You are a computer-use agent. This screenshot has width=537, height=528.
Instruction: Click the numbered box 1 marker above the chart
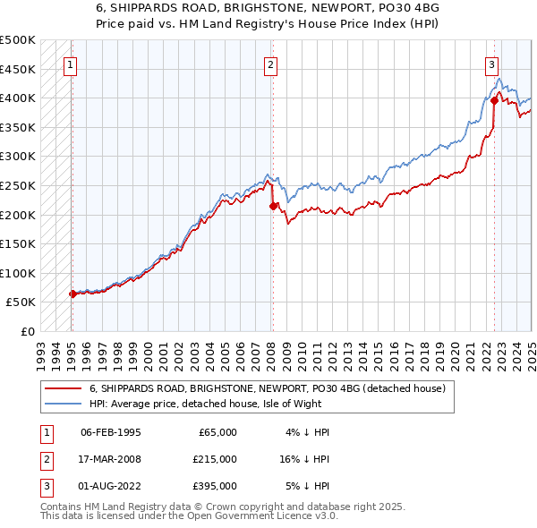pos(70,64)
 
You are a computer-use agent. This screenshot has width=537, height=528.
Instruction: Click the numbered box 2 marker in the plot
pos(270,64)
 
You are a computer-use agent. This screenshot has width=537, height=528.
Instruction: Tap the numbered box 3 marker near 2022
pos(491,64)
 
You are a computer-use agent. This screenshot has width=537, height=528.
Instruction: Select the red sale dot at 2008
pos(273,206)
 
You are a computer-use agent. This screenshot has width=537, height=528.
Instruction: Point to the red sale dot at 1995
pos(72,294)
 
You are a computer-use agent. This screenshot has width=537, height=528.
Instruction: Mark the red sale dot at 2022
pos(494,101)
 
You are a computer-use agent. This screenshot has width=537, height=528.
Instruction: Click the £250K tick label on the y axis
pos(18,185)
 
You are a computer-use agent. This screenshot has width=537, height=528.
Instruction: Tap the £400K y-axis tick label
pos(18,98)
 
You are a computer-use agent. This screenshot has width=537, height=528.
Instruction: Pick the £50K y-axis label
pos(21,302)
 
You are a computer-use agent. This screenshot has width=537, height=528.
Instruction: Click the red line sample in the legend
pos(63,388)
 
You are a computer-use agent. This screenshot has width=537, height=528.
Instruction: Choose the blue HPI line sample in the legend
pos(63,403)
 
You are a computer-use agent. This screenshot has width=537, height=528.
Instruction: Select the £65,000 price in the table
pos(217,432)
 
